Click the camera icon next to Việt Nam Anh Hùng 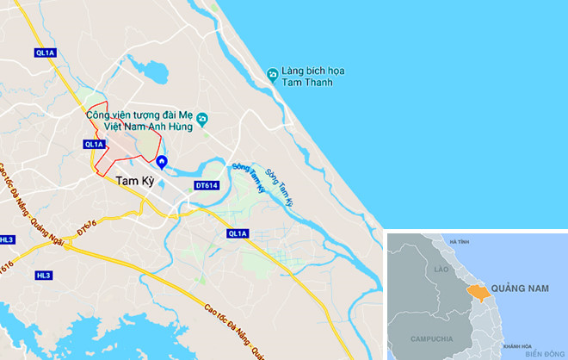201,119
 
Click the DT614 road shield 207,185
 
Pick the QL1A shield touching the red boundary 94,145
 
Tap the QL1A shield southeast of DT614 238,233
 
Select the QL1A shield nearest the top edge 45,53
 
